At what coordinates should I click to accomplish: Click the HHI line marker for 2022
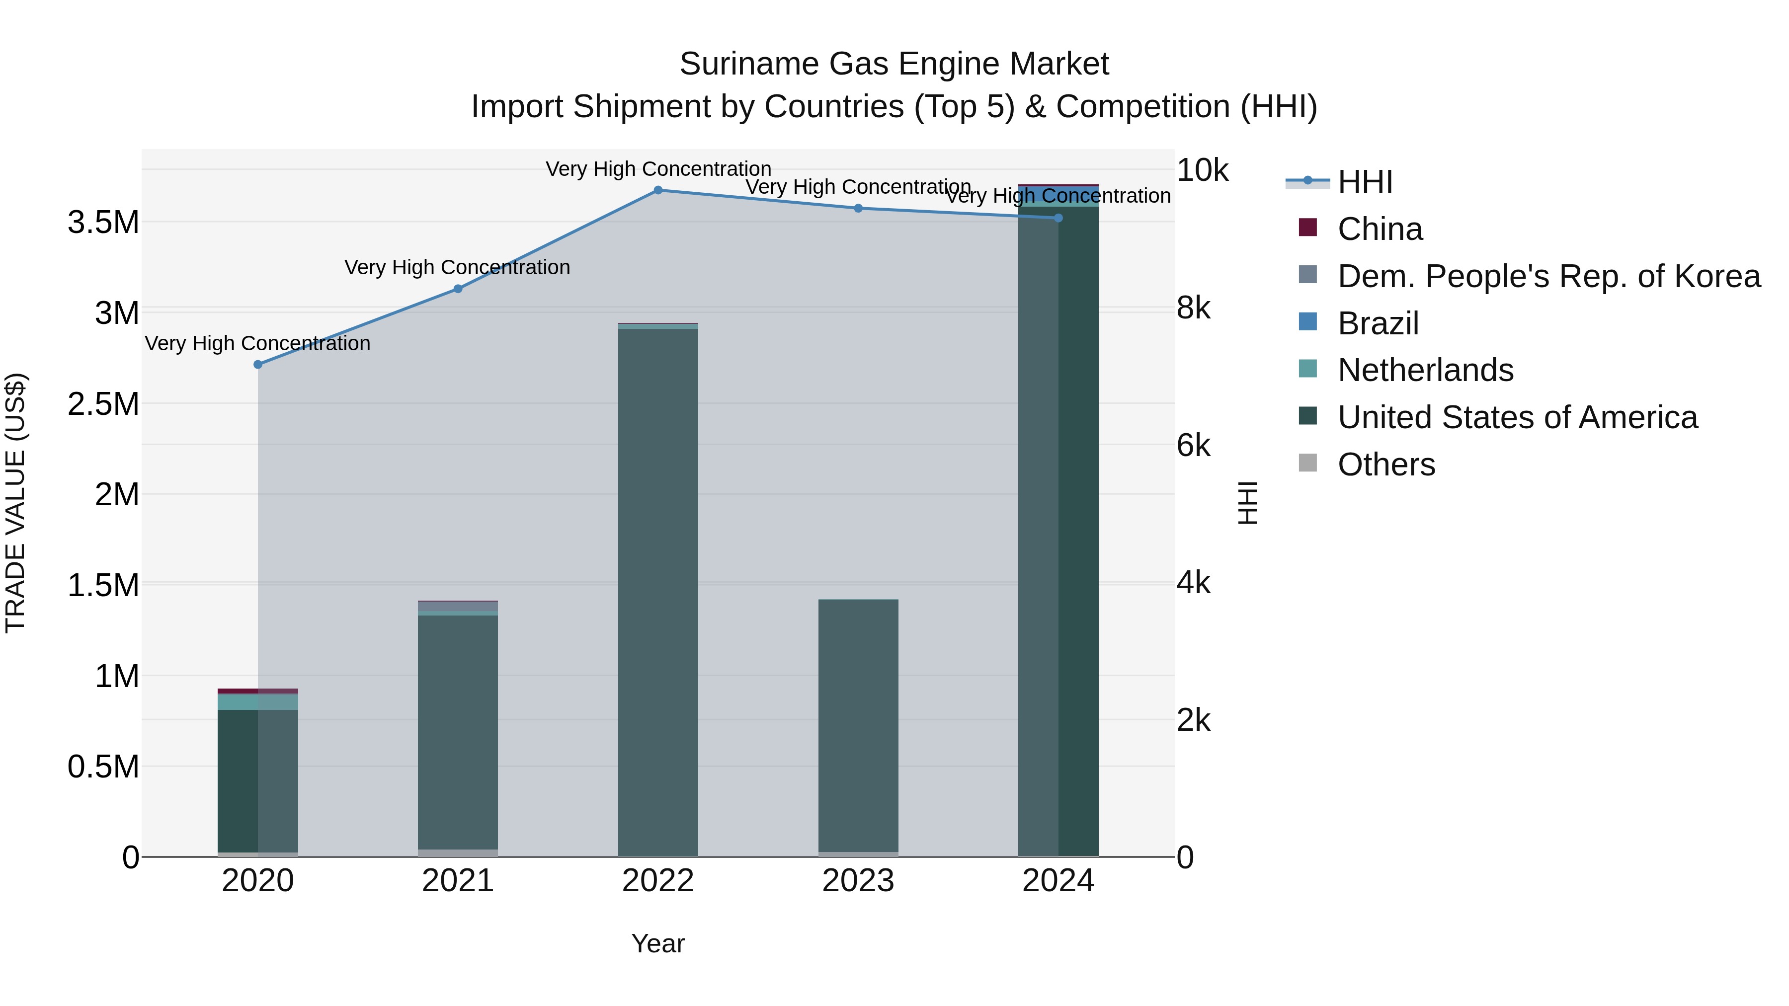(657, 190)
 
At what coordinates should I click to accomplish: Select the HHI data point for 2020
(257, 365)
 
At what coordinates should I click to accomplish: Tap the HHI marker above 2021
(458, 289)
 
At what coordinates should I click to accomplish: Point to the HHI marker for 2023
(858, 208)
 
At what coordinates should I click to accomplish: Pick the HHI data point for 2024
(1057, 218)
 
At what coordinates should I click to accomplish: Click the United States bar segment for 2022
(657, 590)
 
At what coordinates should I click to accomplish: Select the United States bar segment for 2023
(858, 725)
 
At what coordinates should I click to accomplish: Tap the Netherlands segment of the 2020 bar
(257, 702)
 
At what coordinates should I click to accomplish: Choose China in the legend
(1379, 229)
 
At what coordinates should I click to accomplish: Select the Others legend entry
(1385, 464)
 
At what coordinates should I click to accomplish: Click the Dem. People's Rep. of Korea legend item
(1548, 276)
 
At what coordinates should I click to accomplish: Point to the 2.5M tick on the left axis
(103, 404)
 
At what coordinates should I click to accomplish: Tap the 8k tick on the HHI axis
(1193, 308)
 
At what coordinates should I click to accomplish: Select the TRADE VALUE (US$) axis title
(15, 503)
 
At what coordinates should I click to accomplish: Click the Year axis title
(657, 943)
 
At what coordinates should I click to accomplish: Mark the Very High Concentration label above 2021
(457, 267)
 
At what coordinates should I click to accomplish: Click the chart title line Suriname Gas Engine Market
(894, 64)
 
